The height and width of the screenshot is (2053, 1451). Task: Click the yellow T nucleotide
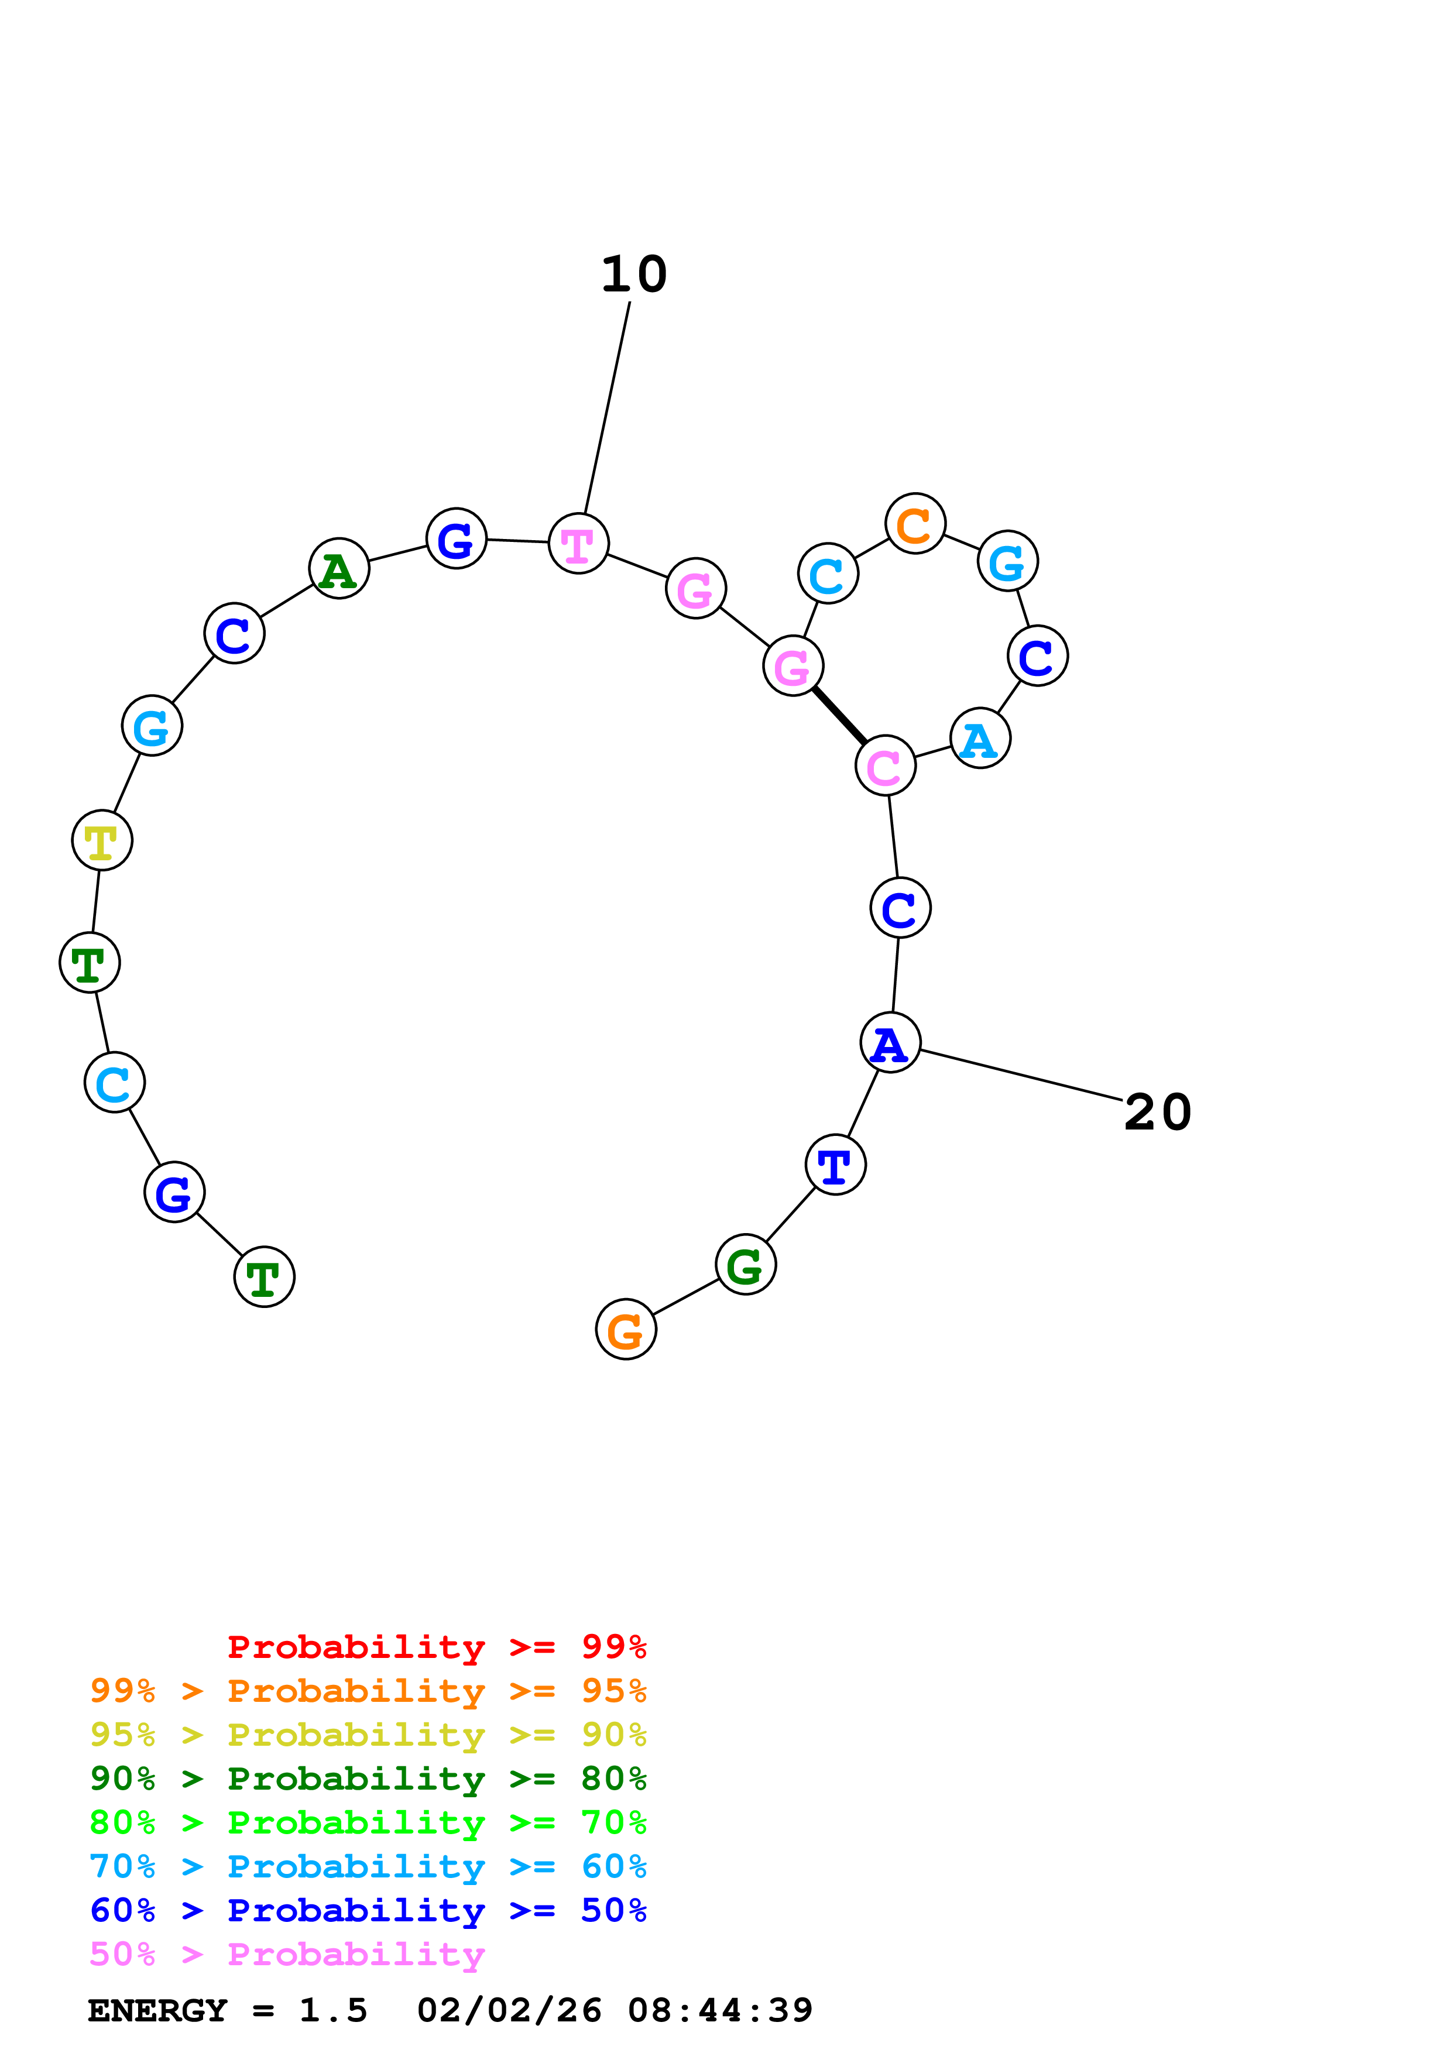pyautogui.click(x=102, y=840)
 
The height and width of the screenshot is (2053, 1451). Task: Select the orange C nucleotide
pyautogui.click(x=915, y=523)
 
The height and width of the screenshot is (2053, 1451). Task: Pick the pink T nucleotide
pyautogui.click(x=578, y=544)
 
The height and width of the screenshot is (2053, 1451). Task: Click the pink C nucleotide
pyautogui.click(x=885, y=765)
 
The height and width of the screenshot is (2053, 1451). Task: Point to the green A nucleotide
pyautogui.click(x=339, y=569)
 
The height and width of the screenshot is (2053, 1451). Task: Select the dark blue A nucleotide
pyautogui.click(x=890, y=1043)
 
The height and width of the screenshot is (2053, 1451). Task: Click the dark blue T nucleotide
pyautogui.click(x=835, y=1165)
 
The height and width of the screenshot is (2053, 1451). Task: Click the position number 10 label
pyautogui.click(x=634, y=274)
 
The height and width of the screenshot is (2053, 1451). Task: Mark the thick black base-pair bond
pyautogui.click(x=839, y=715)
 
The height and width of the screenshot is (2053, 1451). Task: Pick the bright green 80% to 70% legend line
pyautogui.click(x=368, y=1822)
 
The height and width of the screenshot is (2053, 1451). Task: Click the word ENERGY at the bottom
pyautogui.click(x=157, y=2011)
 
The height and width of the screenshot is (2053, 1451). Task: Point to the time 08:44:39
pyautogui.click(x=720, y=2011)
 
